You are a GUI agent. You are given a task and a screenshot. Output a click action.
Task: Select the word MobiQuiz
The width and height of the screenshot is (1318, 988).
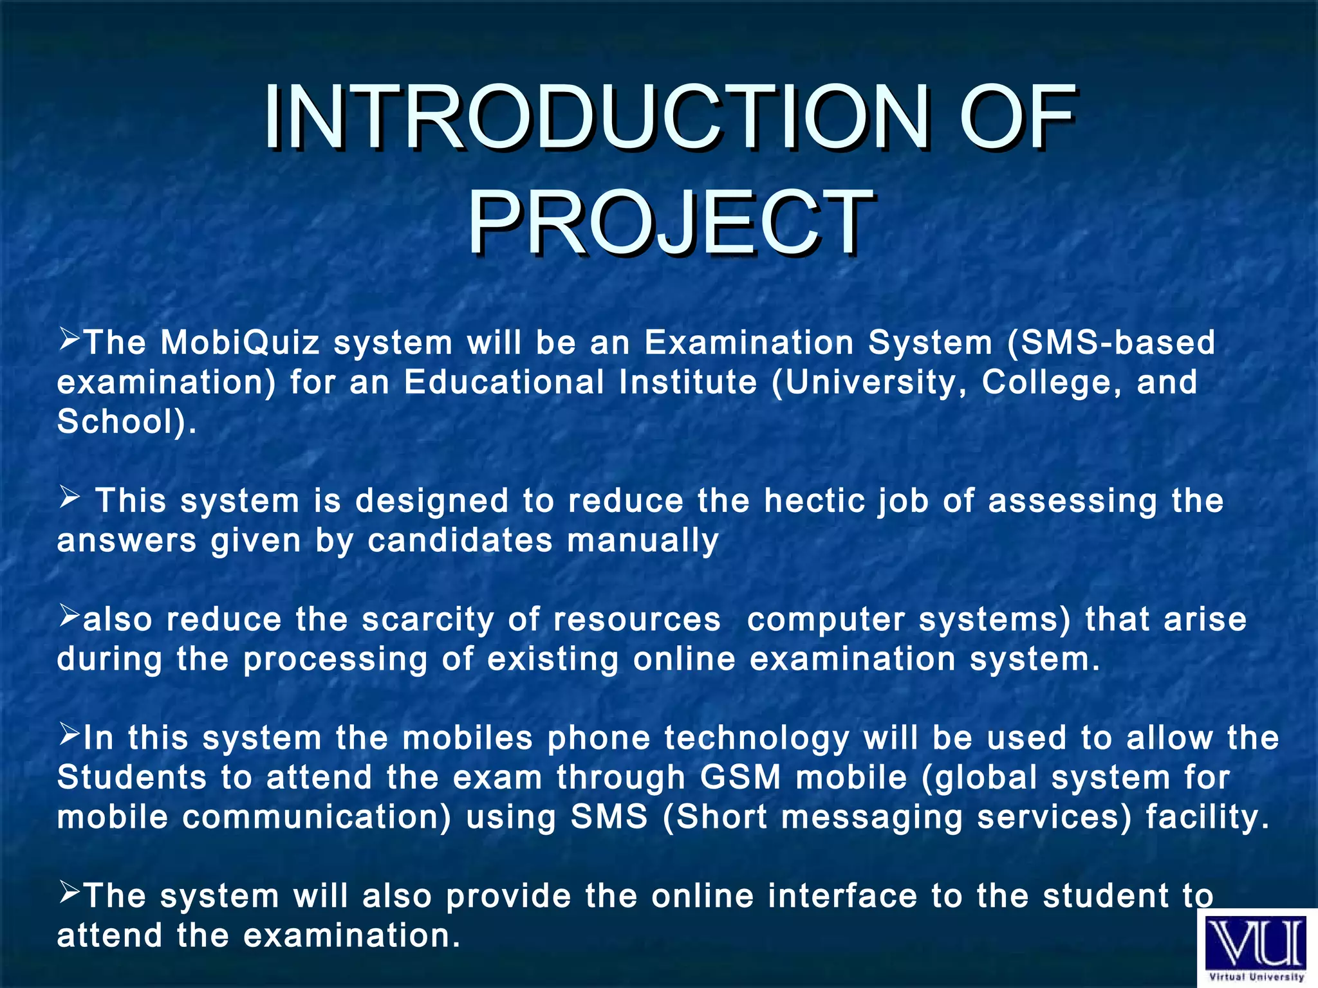tap(239, 342)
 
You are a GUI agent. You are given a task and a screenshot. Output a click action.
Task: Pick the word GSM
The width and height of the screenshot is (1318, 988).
tap(740, 778)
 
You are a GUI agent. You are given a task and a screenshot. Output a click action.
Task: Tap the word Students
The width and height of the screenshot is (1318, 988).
tap(131, 778)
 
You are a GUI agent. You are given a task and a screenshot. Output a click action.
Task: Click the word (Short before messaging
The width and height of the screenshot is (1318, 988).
tap(715, 818)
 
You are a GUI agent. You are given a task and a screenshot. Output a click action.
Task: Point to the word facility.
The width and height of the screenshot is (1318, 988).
tap(1207, 818)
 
